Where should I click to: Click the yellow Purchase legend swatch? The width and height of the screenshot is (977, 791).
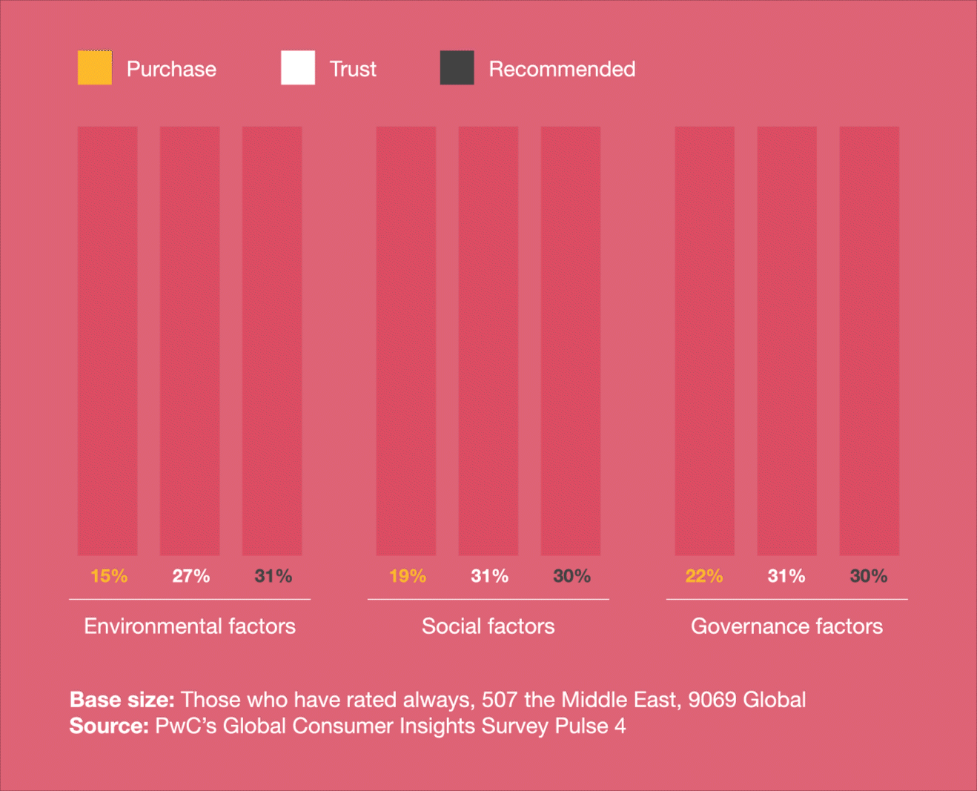pyautogui.click(x=95, y=68)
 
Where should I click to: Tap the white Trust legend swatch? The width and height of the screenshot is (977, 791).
pyautogui.click(x=298, y=68)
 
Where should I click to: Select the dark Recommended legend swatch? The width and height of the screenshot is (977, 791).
pyautogui.click(x=457, y=68)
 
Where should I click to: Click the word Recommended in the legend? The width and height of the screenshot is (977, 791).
pyautogui.click(x=562, y=69)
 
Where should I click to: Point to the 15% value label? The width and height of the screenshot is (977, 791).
pyautogui.click(x=109, y=576)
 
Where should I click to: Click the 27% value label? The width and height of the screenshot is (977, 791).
pyautogui.click(x=191, y=576)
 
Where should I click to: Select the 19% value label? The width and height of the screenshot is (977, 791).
pyautogui.click(x=408, y=576)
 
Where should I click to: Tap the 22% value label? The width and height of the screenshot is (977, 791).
pyautogui.click(x=704, y=576)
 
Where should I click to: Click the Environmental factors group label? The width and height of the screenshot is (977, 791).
pyautogui.click(x=190, y=626)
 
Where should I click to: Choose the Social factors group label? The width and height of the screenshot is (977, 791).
pyautogui.click(x=488, y=626)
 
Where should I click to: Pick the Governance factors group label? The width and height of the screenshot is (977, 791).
pyautogui.click(x=786, y=626)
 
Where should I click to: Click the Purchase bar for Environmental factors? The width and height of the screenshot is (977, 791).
pyautogui.click(x=107, y=341)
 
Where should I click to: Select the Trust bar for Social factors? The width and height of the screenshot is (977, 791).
pyautogui.click(x=488, y=341)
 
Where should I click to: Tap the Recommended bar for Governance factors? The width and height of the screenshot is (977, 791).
pyautogui.click(x=869, y=341)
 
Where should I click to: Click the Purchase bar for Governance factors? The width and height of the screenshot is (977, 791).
pyautogui.click(x=704, y=341)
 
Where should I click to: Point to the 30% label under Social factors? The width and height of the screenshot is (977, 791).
pyautogui.click(x=572, y=576)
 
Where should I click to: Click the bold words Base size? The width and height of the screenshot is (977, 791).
pyautogui.click(x=122, y=700)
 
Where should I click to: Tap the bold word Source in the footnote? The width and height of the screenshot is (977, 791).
pyautogui.click(x=109, y=726)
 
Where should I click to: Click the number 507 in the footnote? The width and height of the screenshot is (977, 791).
pyautogui.click(x=500, y=700)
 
